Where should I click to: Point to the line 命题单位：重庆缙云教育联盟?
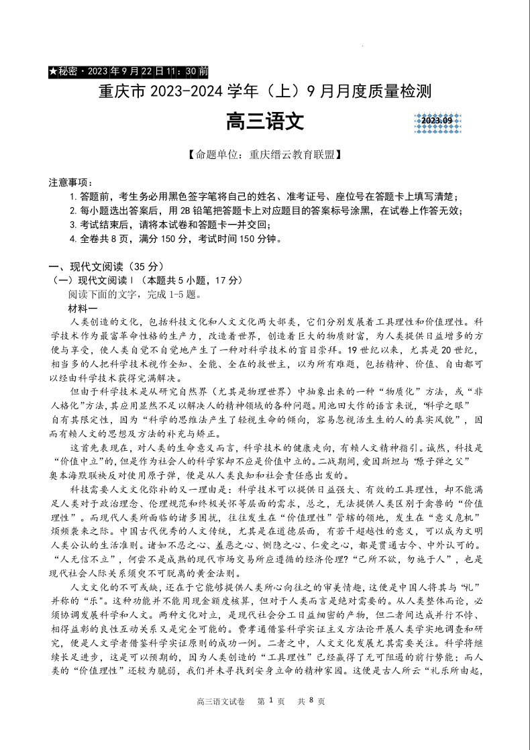[265, 155]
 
